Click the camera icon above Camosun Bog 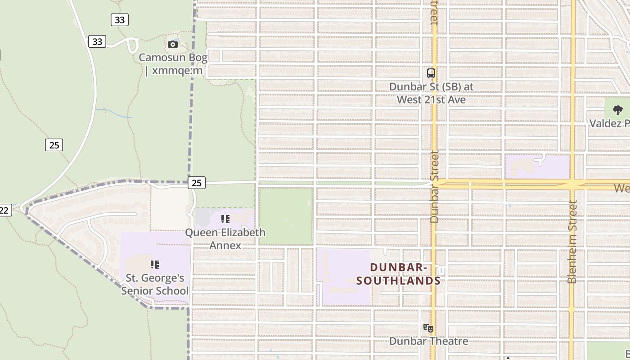pyautogui.click(x=173, y=44)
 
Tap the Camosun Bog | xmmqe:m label pyautogui.click(x=173, y=64)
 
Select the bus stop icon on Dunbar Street pyautogui.click(x=431, y=73)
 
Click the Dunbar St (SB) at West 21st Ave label pyautogui.click(x=431, y=93)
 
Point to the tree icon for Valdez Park pyautogui.click(x=618, y=110)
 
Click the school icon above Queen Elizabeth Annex pyautogui.click(x=225, y=219)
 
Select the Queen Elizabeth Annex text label pyautogui.click(x=225, y=239)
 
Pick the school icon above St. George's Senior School pyautogui.click(x=155, y=264)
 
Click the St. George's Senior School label pyautogui.click(x=155, y=284)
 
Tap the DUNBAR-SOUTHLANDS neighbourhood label pyautogui.click(x=398, y=274)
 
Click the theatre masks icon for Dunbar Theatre pyautogui.click(x=428, y=328)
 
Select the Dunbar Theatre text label pyautogui.click(x=428, y=341)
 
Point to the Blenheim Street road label pyautogui.click(x=572, y=242)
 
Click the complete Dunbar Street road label pyautogui.click(x=434, y=186)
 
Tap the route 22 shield pyautogui.click(x=4, y=210)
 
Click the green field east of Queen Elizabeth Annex pyautogui.click(x=286, y=216)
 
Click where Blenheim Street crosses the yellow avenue pyautogui.click(x=572, y=184)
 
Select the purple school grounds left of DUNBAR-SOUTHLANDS pyautogui.click(x=344, y=277)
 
